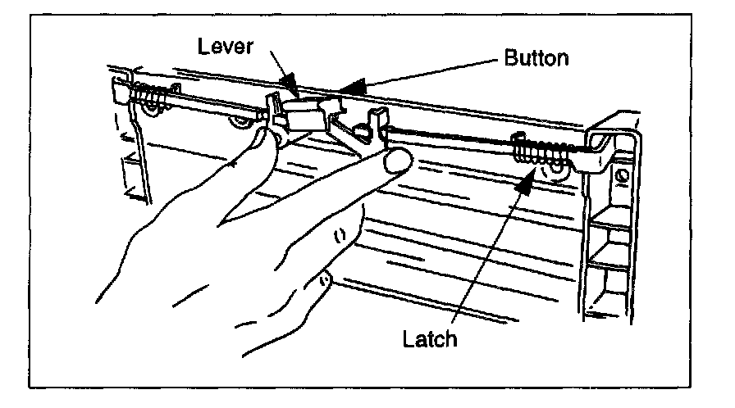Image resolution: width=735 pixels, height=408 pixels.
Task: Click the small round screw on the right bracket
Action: (625, 174)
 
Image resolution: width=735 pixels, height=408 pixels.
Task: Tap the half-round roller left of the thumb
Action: (240, 124)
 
